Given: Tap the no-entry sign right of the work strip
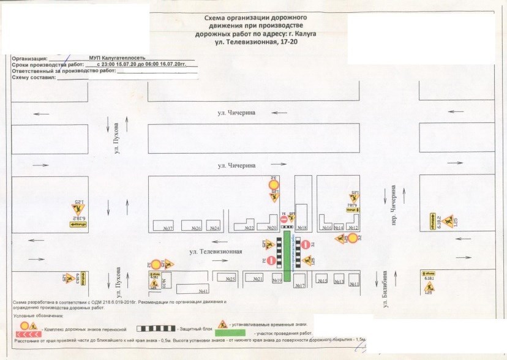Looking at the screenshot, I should click(x=307, y=245).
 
